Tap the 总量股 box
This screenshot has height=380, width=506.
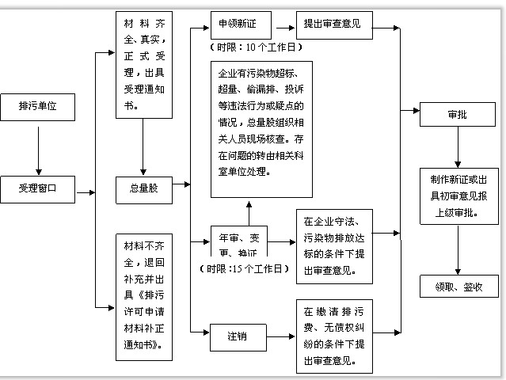(x=143, y=188)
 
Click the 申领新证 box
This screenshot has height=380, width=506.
(x=235, y=25)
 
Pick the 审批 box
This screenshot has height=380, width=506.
(x=456, y=115)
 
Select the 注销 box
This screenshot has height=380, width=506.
(x=235, y=336)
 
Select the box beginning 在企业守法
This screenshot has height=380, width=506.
(x=333, y=246)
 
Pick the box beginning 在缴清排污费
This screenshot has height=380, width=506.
(x=333, y=336)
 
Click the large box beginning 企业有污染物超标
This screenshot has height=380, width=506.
(x=261, y=128)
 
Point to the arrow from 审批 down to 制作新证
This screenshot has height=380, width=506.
(x=457, y=147)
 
